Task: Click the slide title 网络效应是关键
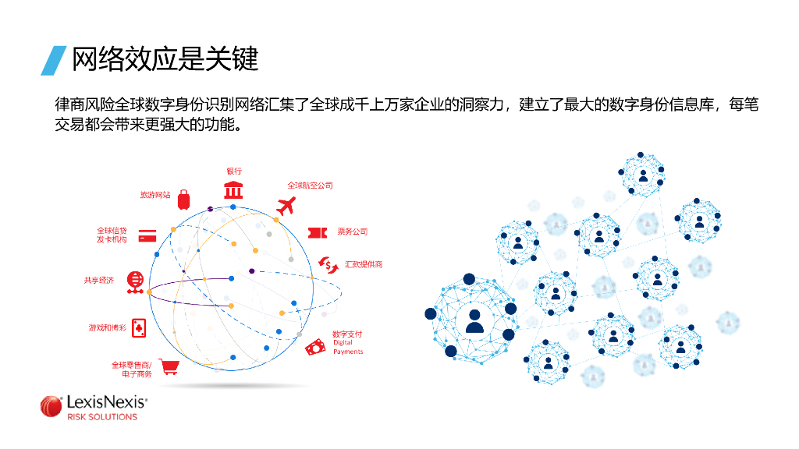165,60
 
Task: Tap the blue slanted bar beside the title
53,60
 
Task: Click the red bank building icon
233,189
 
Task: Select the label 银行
234,171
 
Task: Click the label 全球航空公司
310,186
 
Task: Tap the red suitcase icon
183,200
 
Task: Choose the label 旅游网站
154,195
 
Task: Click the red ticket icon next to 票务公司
317,232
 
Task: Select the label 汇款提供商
364,264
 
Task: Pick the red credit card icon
148,234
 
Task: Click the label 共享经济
99,280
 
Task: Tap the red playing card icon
139,327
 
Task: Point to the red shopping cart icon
168,366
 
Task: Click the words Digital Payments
347,347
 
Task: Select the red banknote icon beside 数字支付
316,347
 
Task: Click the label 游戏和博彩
107,328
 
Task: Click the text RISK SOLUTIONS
102,417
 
